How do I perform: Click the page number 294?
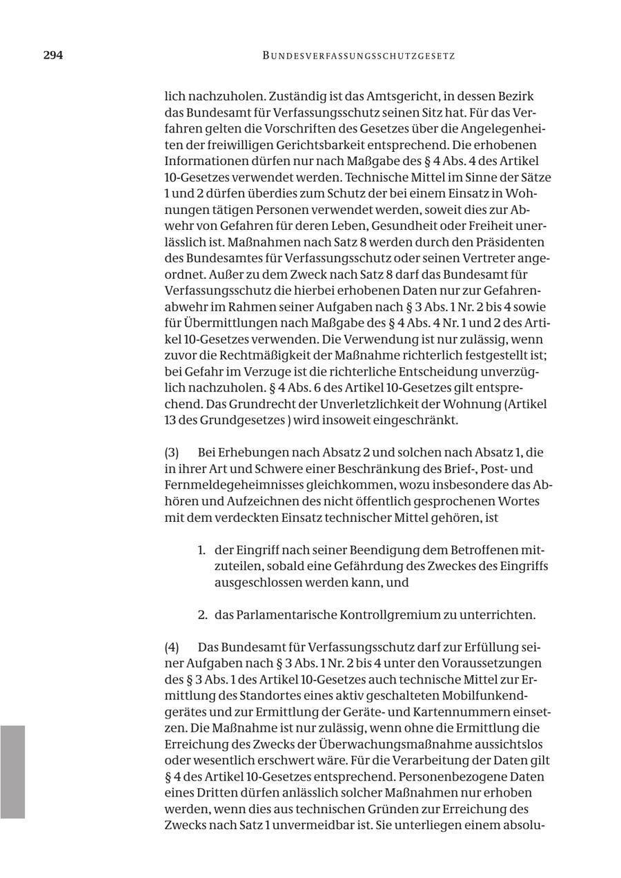coord(53,55)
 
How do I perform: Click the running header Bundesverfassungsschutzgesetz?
coord(358,56)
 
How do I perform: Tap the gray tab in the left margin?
coord(12,772)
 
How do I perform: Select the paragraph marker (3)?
coord(172,453)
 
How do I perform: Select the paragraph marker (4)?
coord(172,647)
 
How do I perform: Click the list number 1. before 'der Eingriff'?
coord(201,551)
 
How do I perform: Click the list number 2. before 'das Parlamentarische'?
coord(202,615)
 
